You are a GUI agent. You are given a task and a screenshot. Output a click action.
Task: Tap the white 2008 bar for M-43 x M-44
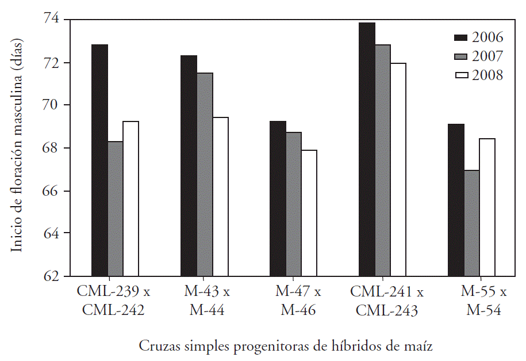(220, 196)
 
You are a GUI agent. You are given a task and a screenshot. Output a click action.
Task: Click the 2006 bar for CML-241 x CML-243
(367, 150)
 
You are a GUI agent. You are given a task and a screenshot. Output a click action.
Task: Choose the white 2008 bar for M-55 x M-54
(487, 207)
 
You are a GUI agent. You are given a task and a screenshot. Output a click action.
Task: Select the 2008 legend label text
(487, 75)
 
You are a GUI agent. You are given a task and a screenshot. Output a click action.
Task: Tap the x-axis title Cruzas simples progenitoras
(285, 346)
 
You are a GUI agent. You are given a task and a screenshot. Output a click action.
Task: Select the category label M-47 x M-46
(298, 301)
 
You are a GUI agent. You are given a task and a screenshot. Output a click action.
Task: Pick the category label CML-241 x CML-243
(386, 301)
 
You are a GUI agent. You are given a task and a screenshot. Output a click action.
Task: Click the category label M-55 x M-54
(483, 301)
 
